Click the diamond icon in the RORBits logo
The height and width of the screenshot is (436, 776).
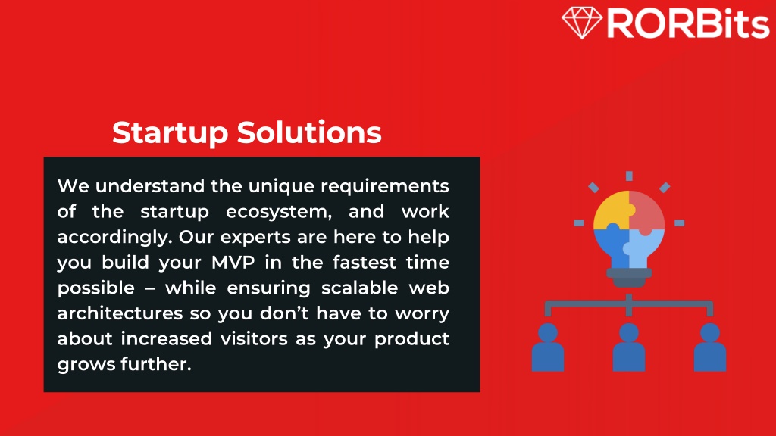pos(582,22)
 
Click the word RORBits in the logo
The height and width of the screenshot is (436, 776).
pos(688,23)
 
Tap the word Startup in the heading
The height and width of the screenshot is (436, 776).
pos(171,133)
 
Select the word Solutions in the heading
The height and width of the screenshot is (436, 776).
pos(309,132)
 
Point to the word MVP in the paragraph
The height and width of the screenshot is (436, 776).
pos(233,262)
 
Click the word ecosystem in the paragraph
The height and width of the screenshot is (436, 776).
pos(279,213)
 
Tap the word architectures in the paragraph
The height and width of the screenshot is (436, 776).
pos(120,313)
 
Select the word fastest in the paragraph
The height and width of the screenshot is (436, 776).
pos(365,262)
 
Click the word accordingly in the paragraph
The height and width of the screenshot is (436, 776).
pos(115,238)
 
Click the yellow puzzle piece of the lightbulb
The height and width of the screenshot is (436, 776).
pos(612,210)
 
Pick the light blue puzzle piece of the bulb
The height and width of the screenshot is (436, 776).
pos(644,248)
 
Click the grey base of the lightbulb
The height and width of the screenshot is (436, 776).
pos(629,277)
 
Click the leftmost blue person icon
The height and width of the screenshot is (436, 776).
pos(548,347)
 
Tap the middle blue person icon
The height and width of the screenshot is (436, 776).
pos(629,347)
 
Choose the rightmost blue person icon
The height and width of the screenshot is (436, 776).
pos(710,347)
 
